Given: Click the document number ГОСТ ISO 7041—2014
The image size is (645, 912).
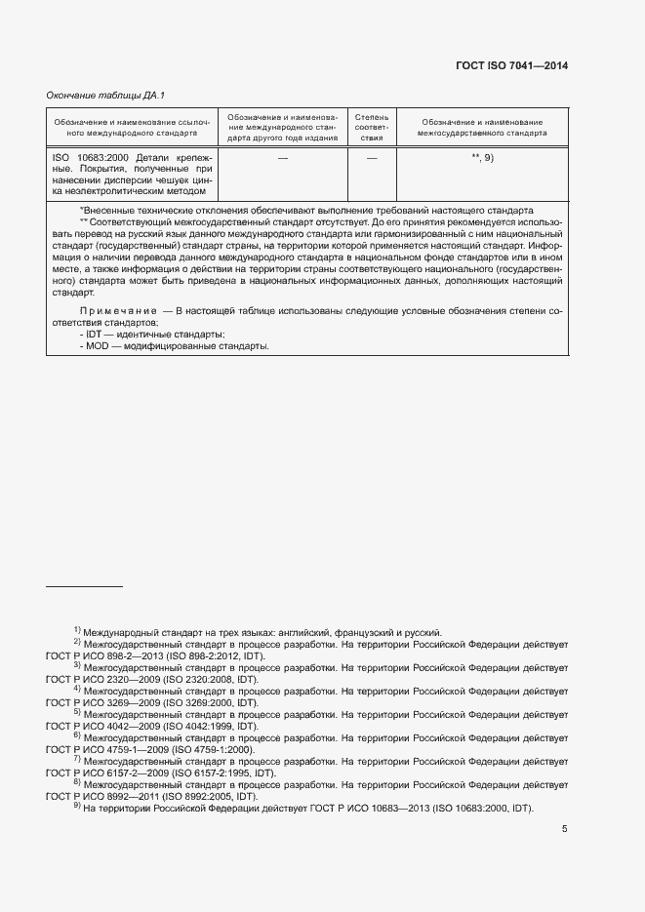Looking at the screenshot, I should tap(511, 65).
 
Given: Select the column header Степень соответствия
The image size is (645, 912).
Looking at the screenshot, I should tap(371, 127).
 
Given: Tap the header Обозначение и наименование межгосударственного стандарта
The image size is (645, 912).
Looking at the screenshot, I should tap(482, 126).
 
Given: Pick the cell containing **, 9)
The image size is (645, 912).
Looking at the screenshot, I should tap(482, 157).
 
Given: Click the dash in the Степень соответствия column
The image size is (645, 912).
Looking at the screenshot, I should tap(371, 157).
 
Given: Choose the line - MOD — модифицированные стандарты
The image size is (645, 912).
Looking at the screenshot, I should tap(160, 346).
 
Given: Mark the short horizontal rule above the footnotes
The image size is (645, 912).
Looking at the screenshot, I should tap(85, 586).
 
